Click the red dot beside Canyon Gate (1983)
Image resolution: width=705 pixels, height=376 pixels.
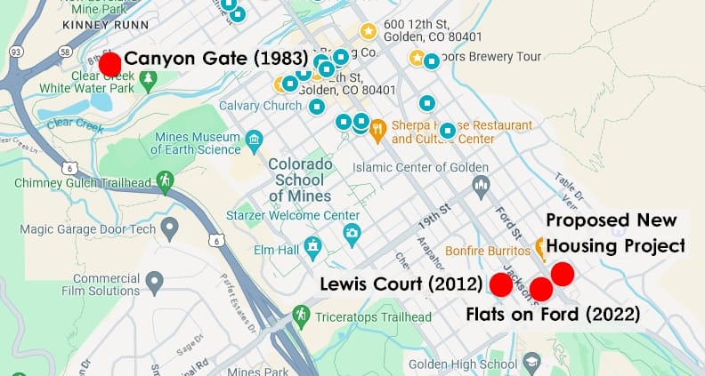tap(109, 64)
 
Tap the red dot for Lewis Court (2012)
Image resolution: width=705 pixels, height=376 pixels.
tap(501, 284)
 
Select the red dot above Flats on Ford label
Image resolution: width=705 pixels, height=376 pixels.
tap(541, 289)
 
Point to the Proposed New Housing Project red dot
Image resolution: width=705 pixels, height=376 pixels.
tap(562, 274)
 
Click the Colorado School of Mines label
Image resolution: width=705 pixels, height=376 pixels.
tap(300, 180)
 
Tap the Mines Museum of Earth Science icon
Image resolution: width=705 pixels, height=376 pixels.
tap(255, 140)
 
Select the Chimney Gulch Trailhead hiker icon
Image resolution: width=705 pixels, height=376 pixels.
tap(164, 181)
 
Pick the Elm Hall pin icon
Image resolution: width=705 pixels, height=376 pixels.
tap(312, 244)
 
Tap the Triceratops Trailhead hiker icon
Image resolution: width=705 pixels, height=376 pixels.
tap(302, 315)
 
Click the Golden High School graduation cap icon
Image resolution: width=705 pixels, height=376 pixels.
tap(531, 363)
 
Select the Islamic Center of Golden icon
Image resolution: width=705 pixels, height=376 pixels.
tap(482, 186)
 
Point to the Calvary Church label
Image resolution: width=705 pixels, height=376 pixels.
tap(260, 106)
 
